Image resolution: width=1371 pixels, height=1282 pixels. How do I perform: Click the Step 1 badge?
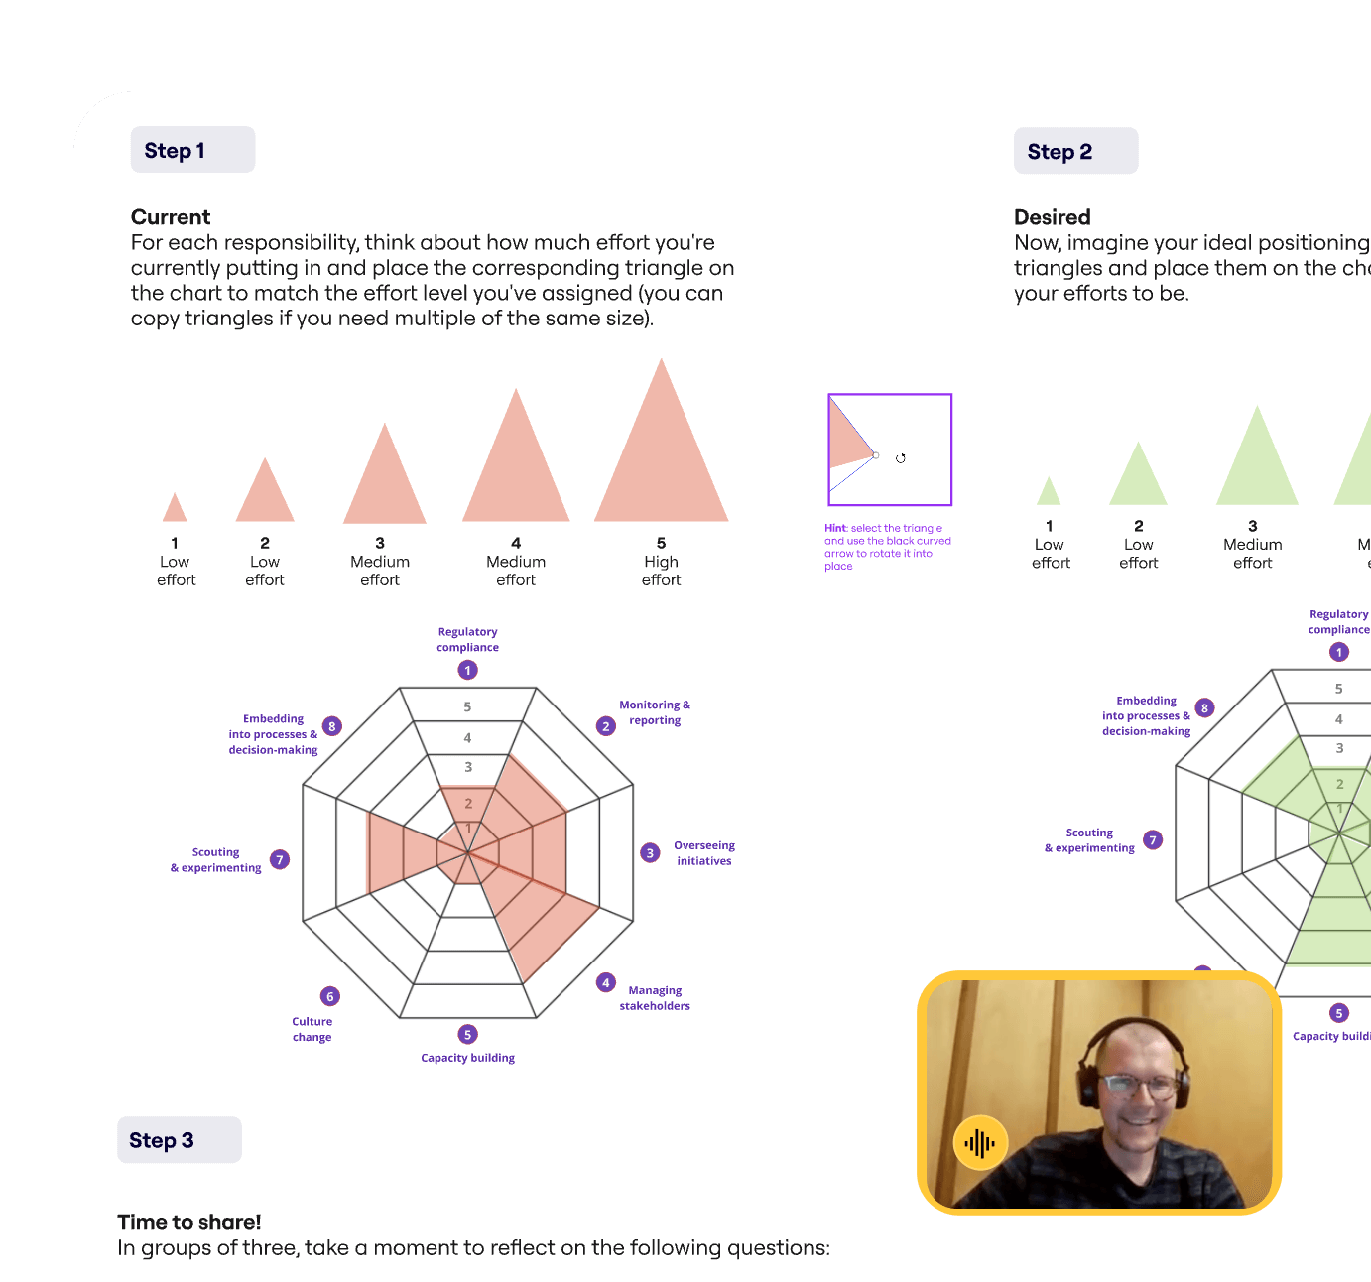point(192,150)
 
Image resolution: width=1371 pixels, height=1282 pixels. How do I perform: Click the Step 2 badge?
point(1075,151)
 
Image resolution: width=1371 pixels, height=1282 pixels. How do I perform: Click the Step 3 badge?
point(179,1140)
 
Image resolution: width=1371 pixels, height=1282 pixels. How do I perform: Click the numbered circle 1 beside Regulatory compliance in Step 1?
point(468,670)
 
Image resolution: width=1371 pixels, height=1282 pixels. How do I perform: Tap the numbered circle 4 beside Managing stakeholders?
point(606,982)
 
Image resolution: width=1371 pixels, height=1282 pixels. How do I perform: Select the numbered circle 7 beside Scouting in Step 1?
point(280,859)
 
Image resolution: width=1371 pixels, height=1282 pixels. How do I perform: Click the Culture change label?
point(312,1029)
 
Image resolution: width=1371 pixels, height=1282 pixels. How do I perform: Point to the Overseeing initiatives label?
point(704,853)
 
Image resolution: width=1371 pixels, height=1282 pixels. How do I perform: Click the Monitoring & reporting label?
point(655,712)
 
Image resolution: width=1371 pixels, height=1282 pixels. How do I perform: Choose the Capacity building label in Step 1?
point(467,1058)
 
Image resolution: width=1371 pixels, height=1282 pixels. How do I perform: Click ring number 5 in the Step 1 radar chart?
point(467,707)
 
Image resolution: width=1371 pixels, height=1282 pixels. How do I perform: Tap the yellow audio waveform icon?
point(980,1143)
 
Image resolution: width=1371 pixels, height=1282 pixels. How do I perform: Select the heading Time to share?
point(189,1222)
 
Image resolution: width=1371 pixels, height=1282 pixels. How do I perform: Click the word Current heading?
point(171,217)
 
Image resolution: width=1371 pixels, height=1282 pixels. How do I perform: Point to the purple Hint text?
point(886,547)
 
